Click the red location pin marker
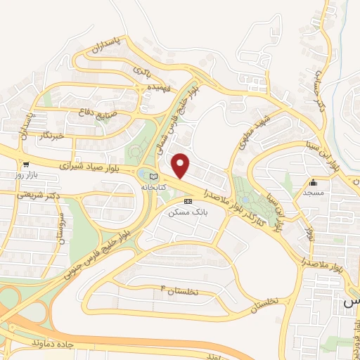click(181, 165)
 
